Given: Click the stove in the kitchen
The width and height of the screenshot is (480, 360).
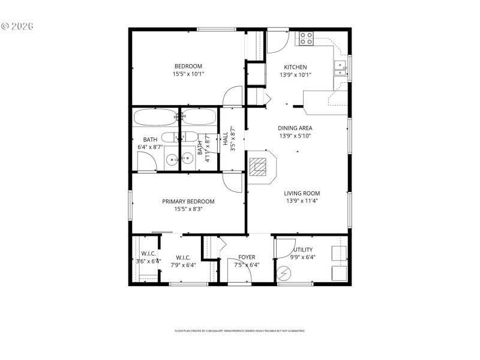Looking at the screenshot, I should [306, 39].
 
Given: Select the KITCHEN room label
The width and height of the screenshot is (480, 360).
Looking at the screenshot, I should [295, 67].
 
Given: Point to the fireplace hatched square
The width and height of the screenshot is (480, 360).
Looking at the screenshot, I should [258, 166].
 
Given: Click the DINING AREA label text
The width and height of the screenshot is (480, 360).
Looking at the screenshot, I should [295, 128].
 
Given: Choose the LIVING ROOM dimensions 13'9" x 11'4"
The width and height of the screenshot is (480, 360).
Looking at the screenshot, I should [302, 201].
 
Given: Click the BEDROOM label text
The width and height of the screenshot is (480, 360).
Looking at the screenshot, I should [188, 66].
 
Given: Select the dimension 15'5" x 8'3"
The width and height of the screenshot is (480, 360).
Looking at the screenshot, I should [188, 209].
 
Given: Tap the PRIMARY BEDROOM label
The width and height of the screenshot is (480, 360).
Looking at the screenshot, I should [188, 202].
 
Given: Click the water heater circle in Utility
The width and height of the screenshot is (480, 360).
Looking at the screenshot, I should [283, 274].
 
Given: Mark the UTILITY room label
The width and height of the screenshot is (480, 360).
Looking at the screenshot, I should [304, 250].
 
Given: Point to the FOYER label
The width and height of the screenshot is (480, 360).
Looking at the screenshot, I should [247, 257].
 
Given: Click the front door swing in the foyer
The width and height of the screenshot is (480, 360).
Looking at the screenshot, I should [238, 274].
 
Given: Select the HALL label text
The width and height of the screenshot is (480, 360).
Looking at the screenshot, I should [226, 139].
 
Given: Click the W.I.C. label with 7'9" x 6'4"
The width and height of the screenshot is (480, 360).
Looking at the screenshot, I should [183, 257].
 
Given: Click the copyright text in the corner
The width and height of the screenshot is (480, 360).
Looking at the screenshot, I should [17, 26].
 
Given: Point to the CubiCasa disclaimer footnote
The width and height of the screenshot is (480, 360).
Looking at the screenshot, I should [239, 331].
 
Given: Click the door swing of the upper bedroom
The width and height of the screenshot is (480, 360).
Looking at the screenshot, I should [232, 97].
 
